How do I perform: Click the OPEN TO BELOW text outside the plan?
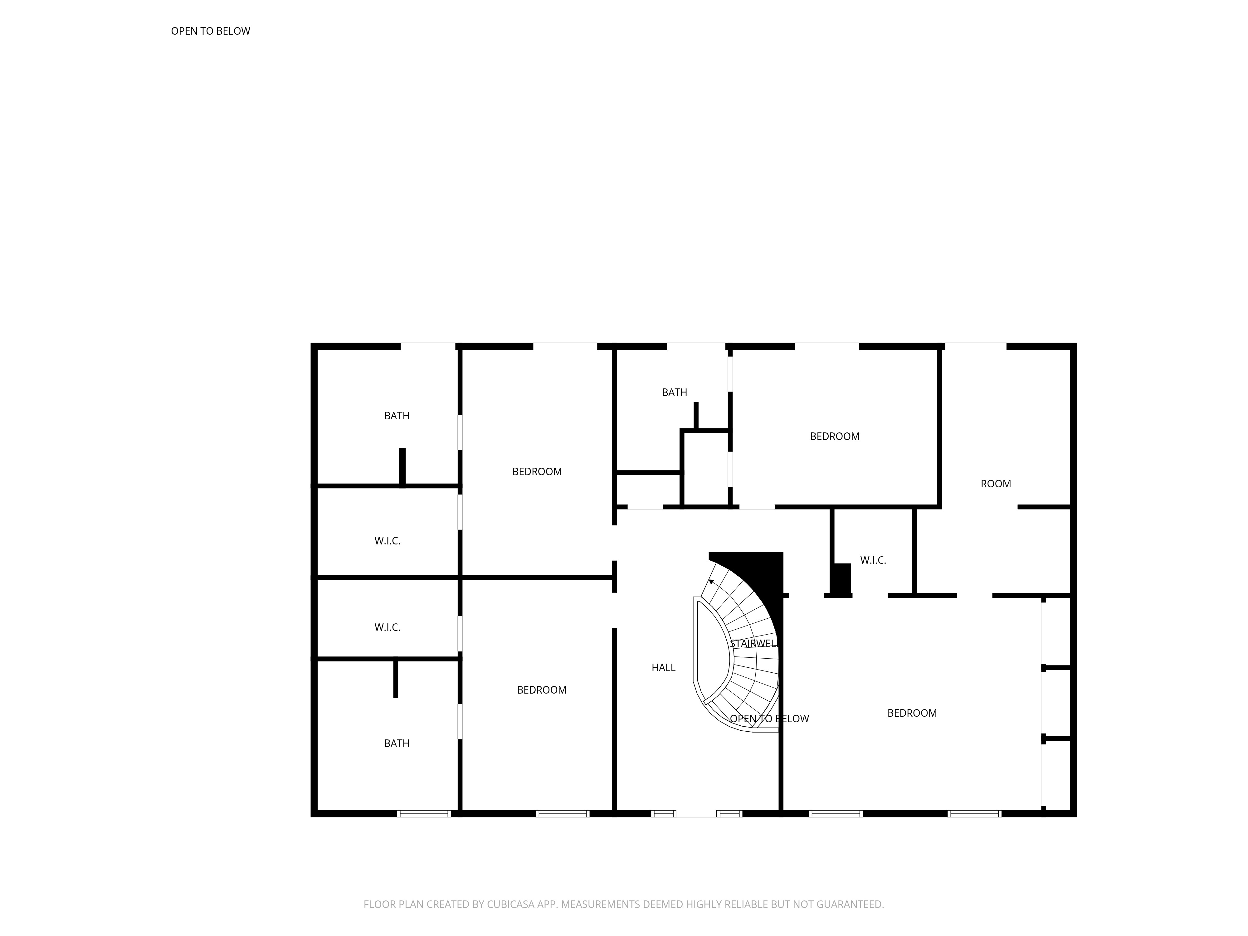[x=211, y=31]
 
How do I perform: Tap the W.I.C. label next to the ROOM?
[x=873, y=560]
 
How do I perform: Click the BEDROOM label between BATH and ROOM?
[x=835, y=436]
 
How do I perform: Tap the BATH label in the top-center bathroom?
[x=674, y=392]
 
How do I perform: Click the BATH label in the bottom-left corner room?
[x=397, y=743]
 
